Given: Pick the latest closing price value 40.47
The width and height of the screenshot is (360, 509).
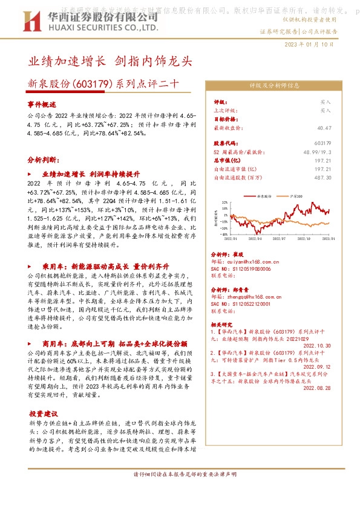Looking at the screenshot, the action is click(x=324, y=128).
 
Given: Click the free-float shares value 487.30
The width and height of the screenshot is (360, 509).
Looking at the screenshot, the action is click(x=324, y=177).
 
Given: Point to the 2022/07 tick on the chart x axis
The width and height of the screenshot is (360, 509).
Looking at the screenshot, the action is click(x=280, y=239).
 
